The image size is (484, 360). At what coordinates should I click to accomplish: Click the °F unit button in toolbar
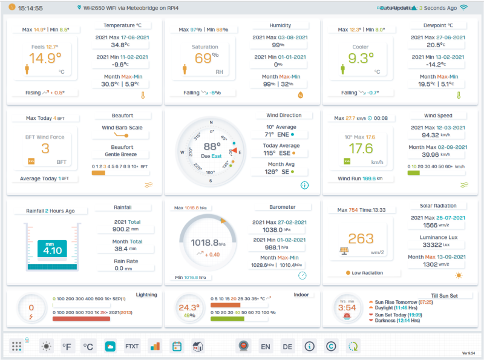[67, 347]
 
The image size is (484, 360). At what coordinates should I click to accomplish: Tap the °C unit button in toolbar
[88, 347]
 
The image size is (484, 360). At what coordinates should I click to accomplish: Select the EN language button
[265, 347]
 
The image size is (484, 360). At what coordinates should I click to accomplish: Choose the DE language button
[287, 347]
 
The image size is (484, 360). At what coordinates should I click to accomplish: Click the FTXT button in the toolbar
[132, 347]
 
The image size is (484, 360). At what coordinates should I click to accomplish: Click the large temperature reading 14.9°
[45, 58]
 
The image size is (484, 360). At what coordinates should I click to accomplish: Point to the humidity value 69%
[205, 59]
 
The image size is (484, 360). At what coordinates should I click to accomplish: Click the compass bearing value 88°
[212, 146]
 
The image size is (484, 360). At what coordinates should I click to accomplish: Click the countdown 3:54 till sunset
[347, 308]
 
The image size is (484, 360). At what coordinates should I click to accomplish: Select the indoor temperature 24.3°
[189, 307]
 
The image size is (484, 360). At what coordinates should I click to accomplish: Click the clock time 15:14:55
[30, 8]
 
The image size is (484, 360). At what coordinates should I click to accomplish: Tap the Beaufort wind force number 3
[45, 149]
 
